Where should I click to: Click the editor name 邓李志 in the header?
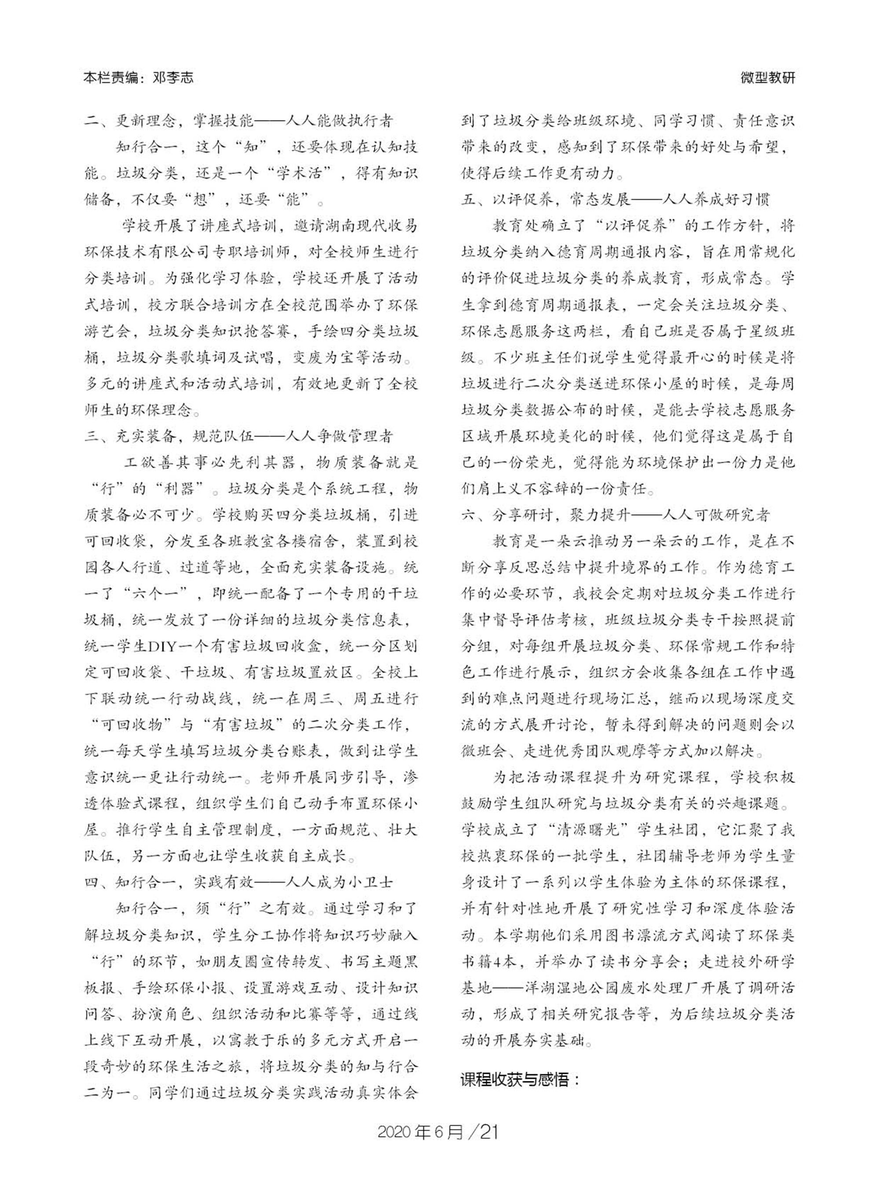coord(172,78)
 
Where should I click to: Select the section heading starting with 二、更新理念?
coord(238,121)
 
